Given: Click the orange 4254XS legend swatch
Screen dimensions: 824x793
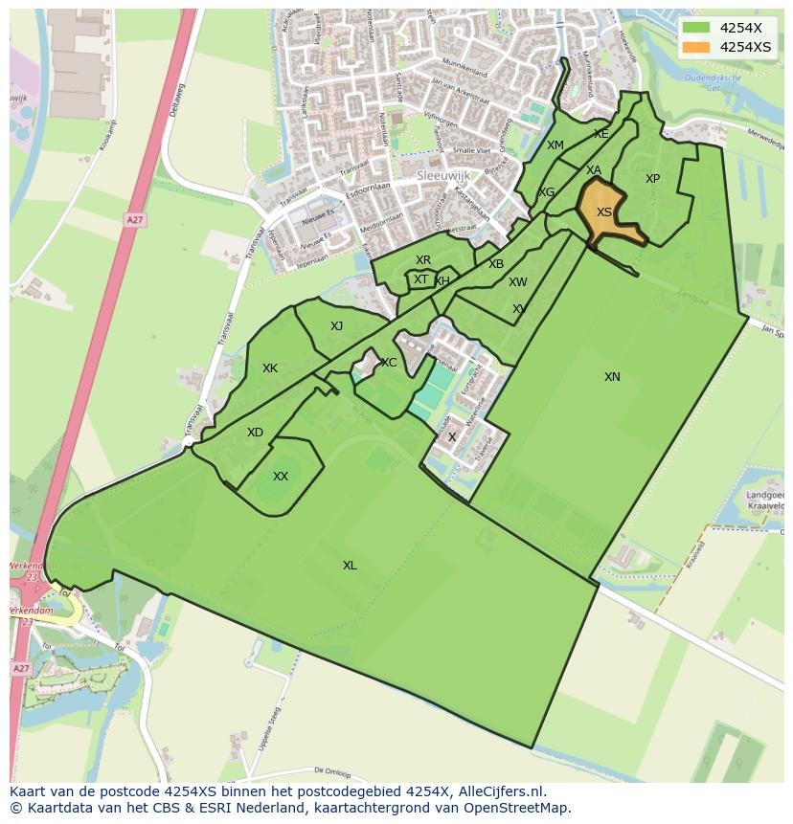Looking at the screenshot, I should pos(696,47).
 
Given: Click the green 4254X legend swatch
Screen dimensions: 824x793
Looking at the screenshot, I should pos(696,28).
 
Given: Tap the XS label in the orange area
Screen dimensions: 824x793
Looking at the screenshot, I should pos(604,212).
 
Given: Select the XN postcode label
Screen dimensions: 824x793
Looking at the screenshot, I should pos(612,377).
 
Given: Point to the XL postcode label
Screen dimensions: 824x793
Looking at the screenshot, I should pos(350,566).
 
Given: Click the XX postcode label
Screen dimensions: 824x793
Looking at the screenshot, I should pos(281,477).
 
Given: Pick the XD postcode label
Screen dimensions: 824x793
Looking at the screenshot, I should pos(255,433).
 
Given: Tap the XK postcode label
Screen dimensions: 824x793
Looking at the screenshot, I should pos(270,368).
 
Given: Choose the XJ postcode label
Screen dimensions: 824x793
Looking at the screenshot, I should pos(336,326).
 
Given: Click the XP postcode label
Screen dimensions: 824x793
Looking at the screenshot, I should pos(652,179).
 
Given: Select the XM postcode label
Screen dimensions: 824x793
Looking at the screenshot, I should pos(555,145).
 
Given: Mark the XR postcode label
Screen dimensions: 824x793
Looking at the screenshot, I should pos(423,260).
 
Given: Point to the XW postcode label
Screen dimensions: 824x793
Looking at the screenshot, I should pos(518,282).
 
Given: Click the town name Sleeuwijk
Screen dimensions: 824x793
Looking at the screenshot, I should pos(441,177).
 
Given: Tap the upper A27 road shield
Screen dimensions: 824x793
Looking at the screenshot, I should pos(135,220).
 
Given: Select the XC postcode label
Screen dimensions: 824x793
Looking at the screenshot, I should pos(389,363).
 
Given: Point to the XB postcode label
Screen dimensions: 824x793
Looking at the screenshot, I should pos(496,264).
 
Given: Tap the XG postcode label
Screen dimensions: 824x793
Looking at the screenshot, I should pos(547,192).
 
